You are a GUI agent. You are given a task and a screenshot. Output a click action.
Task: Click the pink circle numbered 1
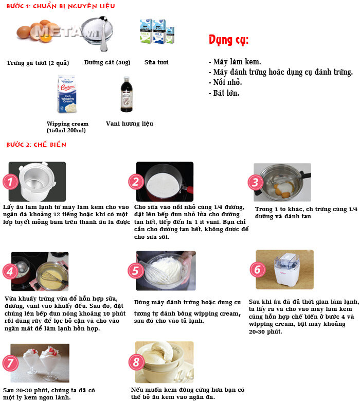pos(10,182)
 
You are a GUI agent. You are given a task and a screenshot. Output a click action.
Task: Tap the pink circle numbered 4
pos(10,271)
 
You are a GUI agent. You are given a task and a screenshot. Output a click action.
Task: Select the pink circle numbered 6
pos(258,270)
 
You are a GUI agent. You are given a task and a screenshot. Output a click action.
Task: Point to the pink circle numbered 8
pos(136,362)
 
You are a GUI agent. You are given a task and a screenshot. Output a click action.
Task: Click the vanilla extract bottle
pos(127,94)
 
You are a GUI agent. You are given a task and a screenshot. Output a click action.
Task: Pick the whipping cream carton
pos(67,94)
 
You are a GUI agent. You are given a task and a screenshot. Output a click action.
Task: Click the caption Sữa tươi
pos(156,62)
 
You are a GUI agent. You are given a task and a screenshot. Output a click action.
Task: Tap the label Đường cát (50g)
pos(107,62)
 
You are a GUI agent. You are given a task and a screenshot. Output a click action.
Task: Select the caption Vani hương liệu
pos(130,124)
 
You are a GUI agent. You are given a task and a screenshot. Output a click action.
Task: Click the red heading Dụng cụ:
pos(229,40)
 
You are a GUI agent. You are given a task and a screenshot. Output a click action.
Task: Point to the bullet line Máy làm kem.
pos(235,62)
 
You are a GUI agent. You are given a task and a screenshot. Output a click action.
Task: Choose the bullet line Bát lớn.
pos(224,93)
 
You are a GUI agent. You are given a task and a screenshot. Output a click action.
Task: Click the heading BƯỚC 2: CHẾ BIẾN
pos(37,145)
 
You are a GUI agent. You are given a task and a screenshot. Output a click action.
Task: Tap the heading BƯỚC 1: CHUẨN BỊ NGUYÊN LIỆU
pos(61,6)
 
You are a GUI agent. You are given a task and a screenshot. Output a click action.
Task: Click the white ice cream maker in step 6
pos(286,269)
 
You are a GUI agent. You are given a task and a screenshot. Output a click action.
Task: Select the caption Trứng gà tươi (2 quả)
pos(38,63)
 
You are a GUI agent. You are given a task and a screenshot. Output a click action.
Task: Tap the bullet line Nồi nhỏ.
pos(225,82)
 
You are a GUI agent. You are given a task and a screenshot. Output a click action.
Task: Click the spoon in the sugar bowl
pos(103,33)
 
